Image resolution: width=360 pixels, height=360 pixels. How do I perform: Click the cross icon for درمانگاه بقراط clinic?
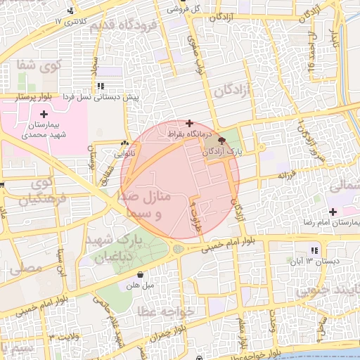[x=188, y=123]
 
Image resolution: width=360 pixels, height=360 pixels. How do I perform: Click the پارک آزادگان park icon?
[x=223, y=141]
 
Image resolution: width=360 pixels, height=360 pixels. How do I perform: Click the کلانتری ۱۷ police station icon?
[x=70, y=11]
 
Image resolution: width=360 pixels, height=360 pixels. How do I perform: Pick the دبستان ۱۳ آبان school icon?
[x=314, y=250]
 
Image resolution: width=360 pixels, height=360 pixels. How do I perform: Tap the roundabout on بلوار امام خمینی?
[x=179, y=249]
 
